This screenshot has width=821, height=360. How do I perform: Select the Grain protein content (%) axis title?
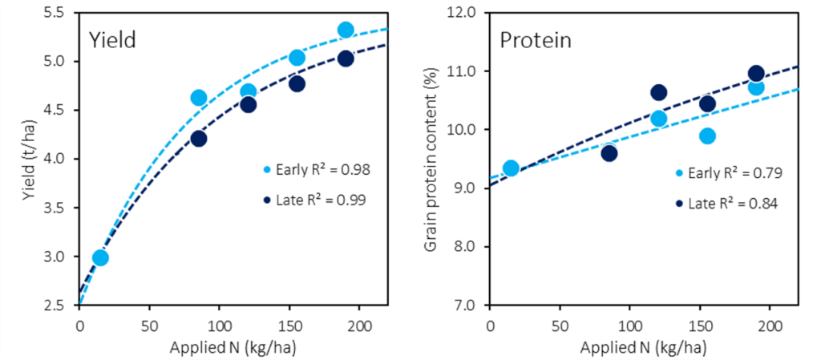(431, 159)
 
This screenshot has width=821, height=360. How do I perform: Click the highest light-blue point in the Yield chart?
(346, 30)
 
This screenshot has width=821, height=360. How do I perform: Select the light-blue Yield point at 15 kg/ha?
(100, 257)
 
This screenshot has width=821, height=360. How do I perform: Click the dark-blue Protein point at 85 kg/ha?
(609, 153)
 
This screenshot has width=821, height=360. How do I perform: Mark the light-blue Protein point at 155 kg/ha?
(706, 136)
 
